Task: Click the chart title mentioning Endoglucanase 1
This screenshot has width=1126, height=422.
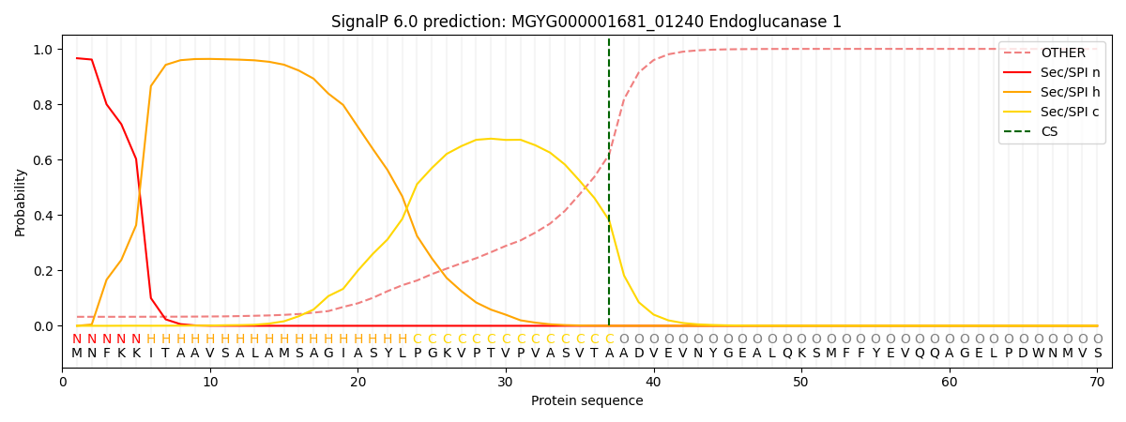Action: point(586,22)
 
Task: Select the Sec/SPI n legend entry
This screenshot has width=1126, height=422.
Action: point(1070,73)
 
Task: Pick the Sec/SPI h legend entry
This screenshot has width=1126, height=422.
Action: point(1070,93)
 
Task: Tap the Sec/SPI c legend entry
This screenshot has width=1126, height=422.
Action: point(1070,113)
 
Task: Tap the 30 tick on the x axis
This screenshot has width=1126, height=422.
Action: point(506,382)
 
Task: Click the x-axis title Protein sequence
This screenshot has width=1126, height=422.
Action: point(586,401)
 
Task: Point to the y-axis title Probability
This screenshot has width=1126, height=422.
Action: point(21,202)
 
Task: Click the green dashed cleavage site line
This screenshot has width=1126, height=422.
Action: point(609,188)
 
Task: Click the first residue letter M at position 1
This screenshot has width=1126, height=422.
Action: point(77,354)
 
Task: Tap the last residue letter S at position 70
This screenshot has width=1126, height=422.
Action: point(1097,354)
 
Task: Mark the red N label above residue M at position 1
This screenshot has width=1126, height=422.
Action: point(77,339)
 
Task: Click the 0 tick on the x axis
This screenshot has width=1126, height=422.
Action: point(63,382)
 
